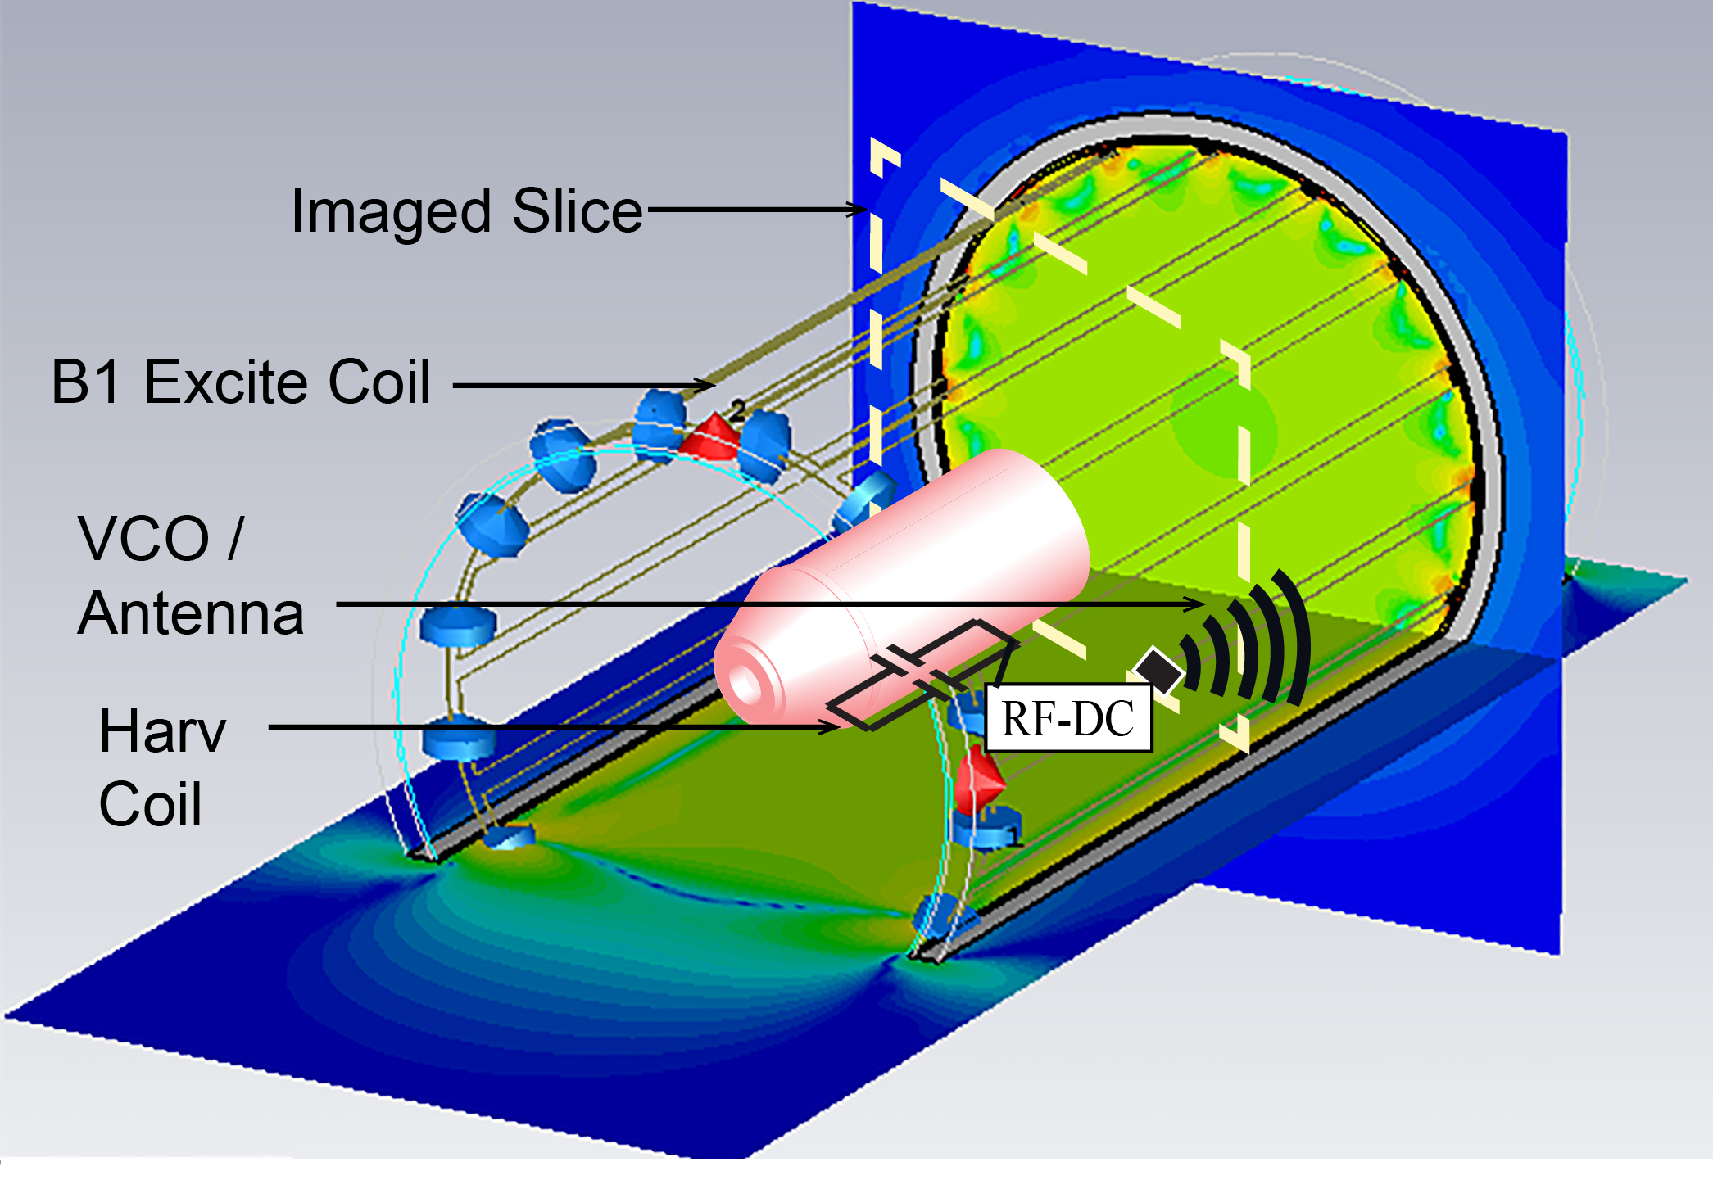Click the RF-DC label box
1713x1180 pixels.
(1068, 718)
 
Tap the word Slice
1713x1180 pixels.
(578, 210)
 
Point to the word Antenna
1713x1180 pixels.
(192, 613)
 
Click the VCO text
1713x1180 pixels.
(144, 538)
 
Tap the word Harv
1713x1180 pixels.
(162, 731)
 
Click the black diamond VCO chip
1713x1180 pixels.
(1158, 670)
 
